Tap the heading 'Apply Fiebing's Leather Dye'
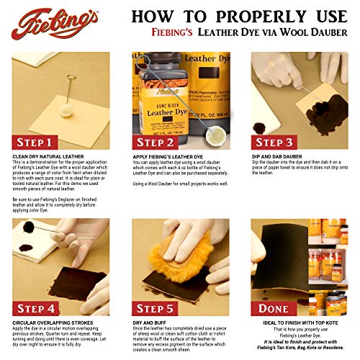coord(167,155)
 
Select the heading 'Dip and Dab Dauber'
coord(277,155)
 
